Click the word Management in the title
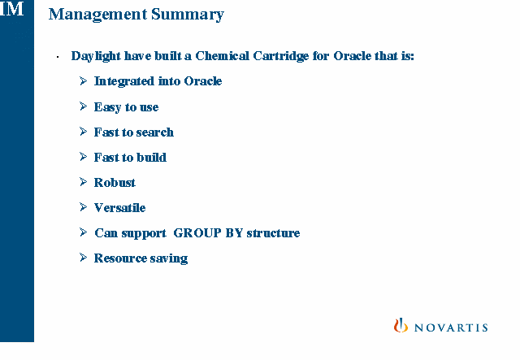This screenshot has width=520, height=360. click(97, 15)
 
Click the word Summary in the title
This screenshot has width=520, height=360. click(188, 15)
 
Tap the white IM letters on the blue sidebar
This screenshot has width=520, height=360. click(12, 8)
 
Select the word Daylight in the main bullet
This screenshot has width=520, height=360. click(96, 56)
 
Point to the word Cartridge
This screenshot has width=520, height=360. click(281, 56)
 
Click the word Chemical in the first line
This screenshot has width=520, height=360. click(222, 56)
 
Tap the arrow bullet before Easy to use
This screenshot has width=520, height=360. click(83, 106)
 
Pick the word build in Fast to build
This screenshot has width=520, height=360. click(152, 158)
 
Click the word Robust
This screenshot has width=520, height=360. click(115, 183)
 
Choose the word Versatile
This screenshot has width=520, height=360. click(120, 208)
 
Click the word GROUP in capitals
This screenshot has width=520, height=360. click(197, 233)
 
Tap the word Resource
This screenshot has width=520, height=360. click(121, 258)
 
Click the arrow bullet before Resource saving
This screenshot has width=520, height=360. click(83, 258)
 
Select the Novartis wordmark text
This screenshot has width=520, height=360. click(451, 327)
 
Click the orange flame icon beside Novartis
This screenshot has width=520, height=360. click(401, 325)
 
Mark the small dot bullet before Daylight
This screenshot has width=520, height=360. click(58, 58)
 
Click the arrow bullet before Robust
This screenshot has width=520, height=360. click(83, 182)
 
